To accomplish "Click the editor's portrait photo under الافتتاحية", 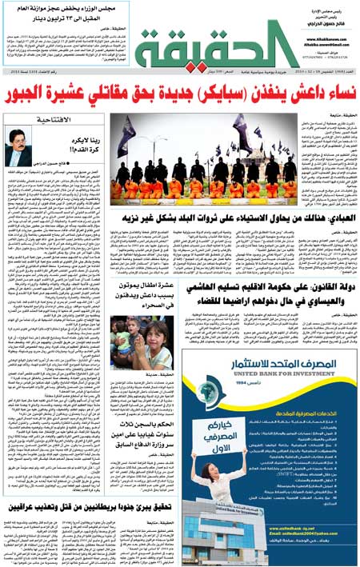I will point(19,149).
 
